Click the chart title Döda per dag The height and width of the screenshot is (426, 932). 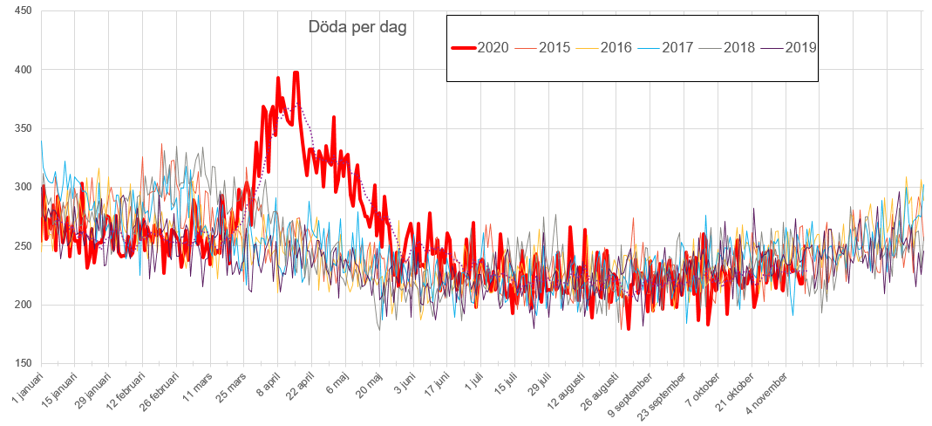coord(357,27)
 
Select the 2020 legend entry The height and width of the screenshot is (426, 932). coord(493,47)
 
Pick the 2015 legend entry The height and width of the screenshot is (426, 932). coord(554,47)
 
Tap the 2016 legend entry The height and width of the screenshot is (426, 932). coord(616,47)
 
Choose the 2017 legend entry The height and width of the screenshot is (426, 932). coord(677,47)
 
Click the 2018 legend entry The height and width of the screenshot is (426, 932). coord(739,47)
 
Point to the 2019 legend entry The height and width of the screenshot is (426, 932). coord(800,47)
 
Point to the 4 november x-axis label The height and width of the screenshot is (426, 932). coord(772,390)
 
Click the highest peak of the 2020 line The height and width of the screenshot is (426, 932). coord(296,73)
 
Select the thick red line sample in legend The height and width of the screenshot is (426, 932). coord(464,47)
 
